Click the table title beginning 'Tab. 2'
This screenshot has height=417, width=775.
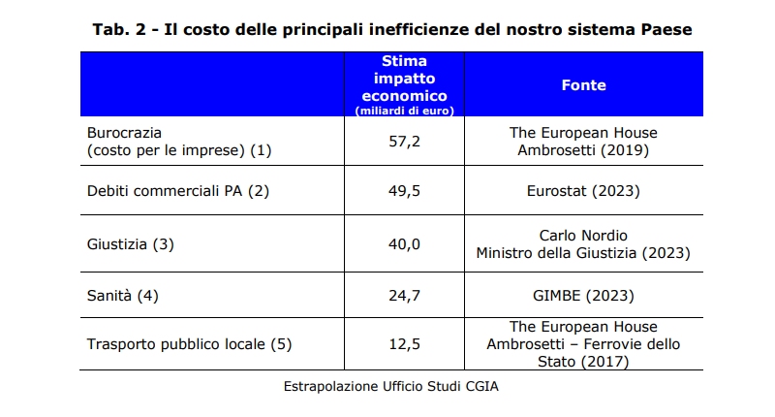(x=391, y=30)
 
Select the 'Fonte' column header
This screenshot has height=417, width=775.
(x=583, y=85)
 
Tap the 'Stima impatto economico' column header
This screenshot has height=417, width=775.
(x=404, y=79)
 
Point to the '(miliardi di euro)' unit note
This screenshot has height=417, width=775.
(x=404, y=111)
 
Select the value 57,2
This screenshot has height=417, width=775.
(x=404, y=142)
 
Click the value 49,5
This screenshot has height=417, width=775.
(x=404, y=191)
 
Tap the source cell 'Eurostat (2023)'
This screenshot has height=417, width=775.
(x=583, y=191)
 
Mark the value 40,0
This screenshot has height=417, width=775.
(x=404, y=244)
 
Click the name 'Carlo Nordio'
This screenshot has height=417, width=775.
(x=583, y=236)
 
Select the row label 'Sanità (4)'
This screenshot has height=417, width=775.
(x=122, y=295)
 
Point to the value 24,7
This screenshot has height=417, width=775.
(x=404, y=295)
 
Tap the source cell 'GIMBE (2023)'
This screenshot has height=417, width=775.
(x=583, y=295)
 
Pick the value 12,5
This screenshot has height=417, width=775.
(x=404, y=344)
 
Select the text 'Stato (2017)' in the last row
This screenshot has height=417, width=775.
(x=583, y=362)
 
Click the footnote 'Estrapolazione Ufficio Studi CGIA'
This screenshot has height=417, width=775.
(x=391, y=386)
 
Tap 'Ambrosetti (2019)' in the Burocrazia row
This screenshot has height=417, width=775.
(x=583, y=150)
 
